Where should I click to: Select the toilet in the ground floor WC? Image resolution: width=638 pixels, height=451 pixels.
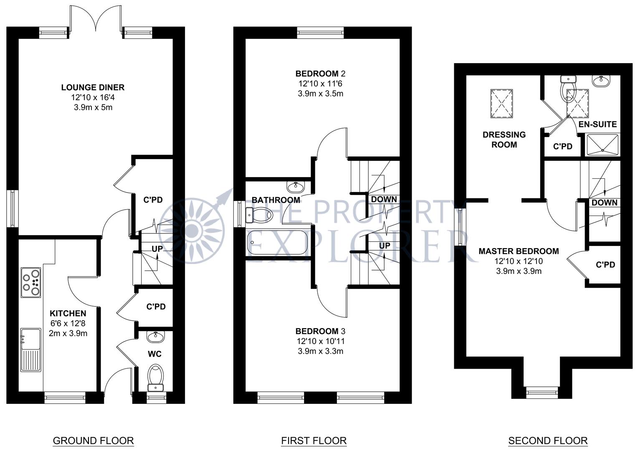coord(155,378)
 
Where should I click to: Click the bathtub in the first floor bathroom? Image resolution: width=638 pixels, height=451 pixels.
coord(276,243)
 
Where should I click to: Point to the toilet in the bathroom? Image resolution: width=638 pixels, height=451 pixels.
coord(258,215)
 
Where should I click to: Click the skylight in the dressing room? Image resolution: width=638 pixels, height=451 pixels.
coord(501,104)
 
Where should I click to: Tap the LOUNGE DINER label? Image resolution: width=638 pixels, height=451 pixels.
coord(93,87)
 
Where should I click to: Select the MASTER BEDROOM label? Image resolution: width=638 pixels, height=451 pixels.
coord(519,251)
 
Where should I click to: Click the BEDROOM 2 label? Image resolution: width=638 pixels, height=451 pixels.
coord(320,74)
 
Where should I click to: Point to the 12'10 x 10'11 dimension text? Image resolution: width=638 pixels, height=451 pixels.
coord(320,341)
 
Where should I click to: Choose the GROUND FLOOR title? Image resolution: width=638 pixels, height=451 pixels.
coord(93,441)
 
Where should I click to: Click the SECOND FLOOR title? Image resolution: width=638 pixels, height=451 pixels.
coord(548,441)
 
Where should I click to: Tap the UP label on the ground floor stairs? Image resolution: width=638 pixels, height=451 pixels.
coord(157,249)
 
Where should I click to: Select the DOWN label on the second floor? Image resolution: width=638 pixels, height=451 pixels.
coord(605,203)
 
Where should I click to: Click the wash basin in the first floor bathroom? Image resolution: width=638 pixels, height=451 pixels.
coord(296,187)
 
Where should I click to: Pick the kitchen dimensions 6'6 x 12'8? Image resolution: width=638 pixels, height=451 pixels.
coord(68,323)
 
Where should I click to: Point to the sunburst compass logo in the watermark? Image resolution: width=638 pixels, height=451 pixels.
coord(191,230)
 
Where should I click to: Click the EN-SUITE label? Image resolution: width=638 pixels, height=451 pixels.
coord(597,124)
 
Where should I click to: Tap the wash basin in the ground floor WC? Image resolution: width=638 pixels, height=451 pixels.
coord(155,337)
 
